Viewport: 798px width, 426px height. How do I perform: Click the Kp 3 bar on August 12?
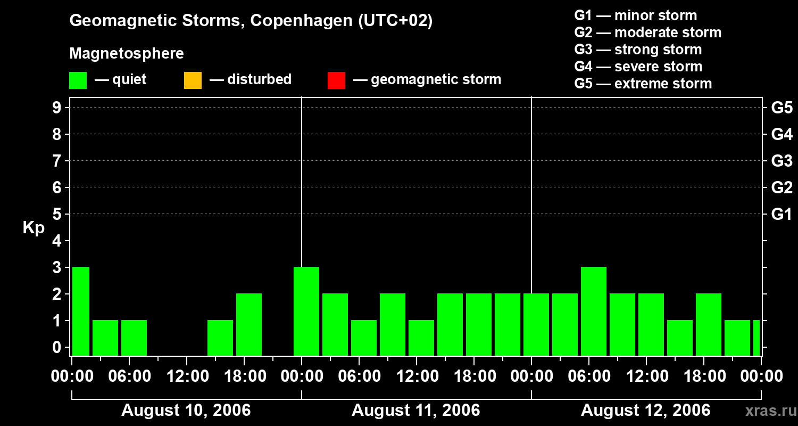pyautogui.click(x=594, y=311)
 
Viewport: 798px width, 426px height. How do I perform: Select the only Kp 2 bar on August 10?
pyautogui.click(x=249, y=324)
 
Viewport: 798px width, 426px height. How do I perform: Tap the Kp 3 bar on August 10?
pyautogui.click(x=81, y=311)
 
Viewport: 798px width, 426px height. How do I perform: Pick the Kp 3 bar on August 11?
pyautogui.click(x=306, y=311)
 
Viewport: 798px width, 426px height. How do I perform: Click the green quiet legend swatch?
pyautogui.click(x=78, y=80)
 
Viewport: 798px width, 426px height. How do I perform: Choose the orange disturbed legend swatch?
pyautogui.click(x=193, y=80)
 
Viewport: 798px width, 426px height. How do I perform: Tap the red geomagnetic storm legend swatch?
pyautogui.click(x=336, y=80)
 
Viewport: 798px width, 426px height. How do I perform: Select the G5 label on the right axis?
pyautogui.click(x=782, y=108)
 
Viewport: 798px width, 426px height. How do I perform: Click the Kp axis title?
pyautogui.click(x=34, y=228)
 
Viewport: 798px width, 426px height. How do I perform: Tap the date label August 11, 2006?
pyautogui.click(x=415, y=411)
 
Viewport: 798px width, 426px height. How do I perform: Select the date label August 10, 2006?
pyautogui.click(x=186, y=411)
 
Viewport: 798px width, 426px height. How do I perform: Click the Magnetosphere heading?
pyautogui.click(x=127, y=54)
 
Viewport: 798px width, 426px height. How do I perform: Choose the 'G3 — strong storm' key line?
pyautogui.click(x=638, y=50)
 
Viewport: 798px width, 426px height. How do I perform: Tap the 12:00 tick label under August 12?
pyautogui.click(x=645, y=376)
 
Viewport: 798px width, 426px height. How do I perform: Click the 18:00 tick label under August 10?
pyautogui.click(x=245, y=376)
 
